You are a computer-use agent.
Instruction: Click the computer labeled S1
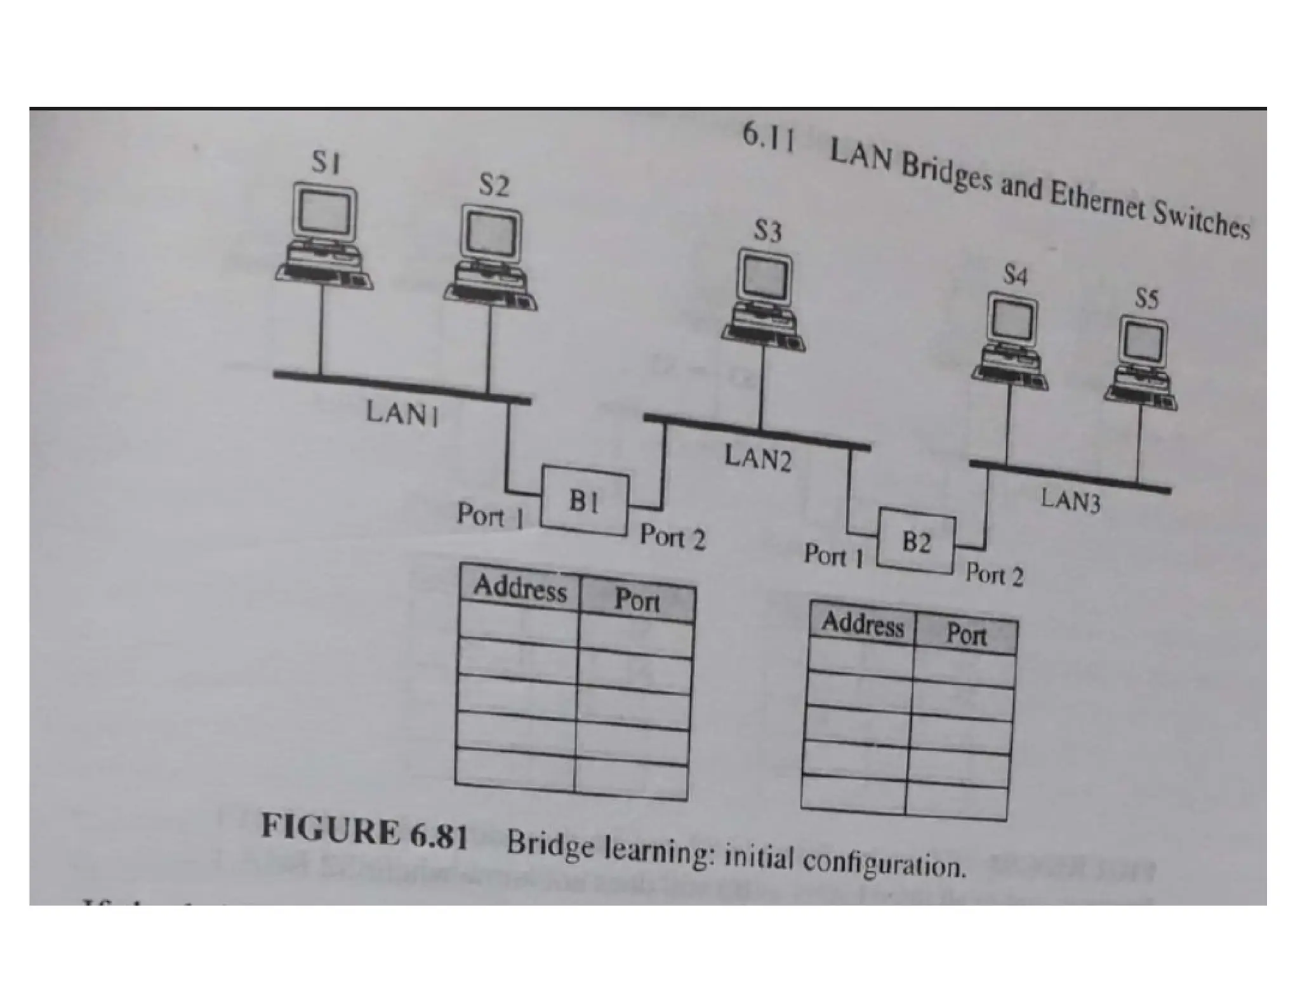point(325,238)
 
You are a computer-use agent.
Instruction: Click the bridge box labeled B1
point(585,502)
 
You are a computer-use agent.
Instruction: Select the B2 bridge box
point(916,543)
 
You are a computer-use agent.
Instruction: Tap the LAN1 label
point(402,414)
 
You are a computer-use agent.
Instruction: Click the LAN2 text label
point(759,458)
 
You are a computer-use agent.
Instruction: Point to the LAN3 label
point(1071,500)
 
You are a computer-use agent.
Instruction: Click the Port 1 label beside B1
point(489,515)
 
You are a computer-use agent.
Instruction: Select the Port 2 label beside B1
point(672,537)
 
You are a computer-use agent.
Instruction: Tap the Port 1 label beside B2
point(833,556)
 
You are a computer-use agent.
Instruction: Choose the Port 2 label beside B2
point(994,575)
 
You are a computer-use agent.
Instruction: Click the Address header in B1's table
point(520,588)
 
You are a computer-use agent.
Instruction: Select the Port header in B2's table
point(966,634)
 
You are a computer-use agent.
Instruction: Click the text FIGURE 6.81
point(364,831)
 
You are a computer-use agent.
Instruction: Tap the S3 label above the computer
point(767,231)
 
